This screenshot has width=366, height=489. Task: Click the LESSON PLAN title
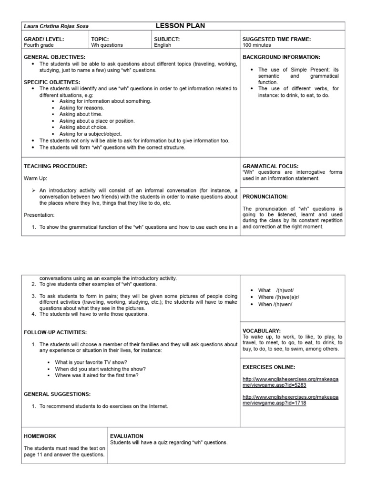[180, 26]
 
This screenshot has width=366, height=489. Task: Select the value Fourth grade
[40, 45]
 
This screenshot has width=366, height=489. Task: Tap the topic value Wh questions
[107, 45]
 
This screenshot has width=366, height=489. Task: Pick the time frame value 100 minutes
[256, 45]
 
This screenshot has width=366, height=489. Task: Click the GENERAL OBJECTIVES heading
[54, 57]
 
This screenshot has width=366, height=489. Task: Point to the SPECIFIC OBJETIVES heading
[52, 82]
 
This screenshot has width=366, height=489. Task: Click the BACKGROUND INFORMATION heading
[281, 57]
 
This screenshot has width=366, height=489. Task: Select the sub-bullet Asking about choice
[83, 128]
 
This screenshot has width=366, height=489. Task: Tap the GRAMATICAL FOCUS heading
[270, 166]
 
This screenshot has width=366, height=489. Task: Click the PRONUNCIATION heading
[265, 196]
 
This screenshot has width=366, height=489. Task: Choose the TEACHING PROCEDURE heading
[56, 166]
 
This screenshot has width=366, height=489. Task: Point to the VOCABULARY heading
[262, 330]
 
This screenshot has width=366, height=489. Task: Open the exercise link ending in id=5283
[290, 381]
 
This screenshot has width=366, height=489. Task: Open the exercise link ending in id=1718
[290, 400]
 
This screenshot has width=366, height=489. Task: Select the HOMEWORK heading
[40, 436]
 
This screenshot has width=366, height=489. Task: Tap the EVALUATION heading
[126, 436]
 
